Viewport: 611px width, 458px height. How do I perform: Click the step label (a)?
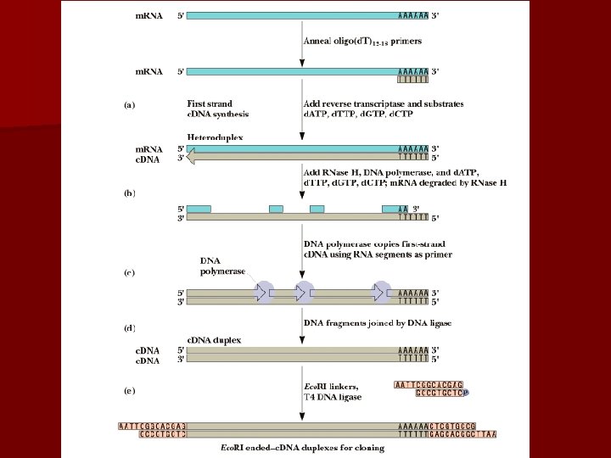(x=129, y=105)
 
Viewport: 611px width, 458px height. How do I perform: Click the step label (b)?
(x=129, y=193)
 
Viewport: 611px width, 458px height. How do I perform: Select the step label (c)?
(x=129, y=273)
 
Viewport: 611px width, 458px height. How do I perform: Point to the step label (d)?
(x=129, y=327)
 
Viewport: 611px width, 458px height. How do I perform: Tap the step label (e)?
(x=129, y=393)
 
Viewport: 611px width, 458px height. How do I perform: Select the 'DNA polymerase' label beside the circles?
(x=222, y=265)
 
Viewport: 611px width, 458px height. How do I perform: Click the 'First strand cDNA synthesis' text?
(x=218, y=109)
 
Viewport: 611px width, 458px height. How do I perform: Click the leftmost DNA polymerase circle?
(x=264, y=291)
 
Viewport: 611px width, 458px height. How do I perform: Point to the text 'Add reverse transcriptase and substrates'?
(x=384, y=104)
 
